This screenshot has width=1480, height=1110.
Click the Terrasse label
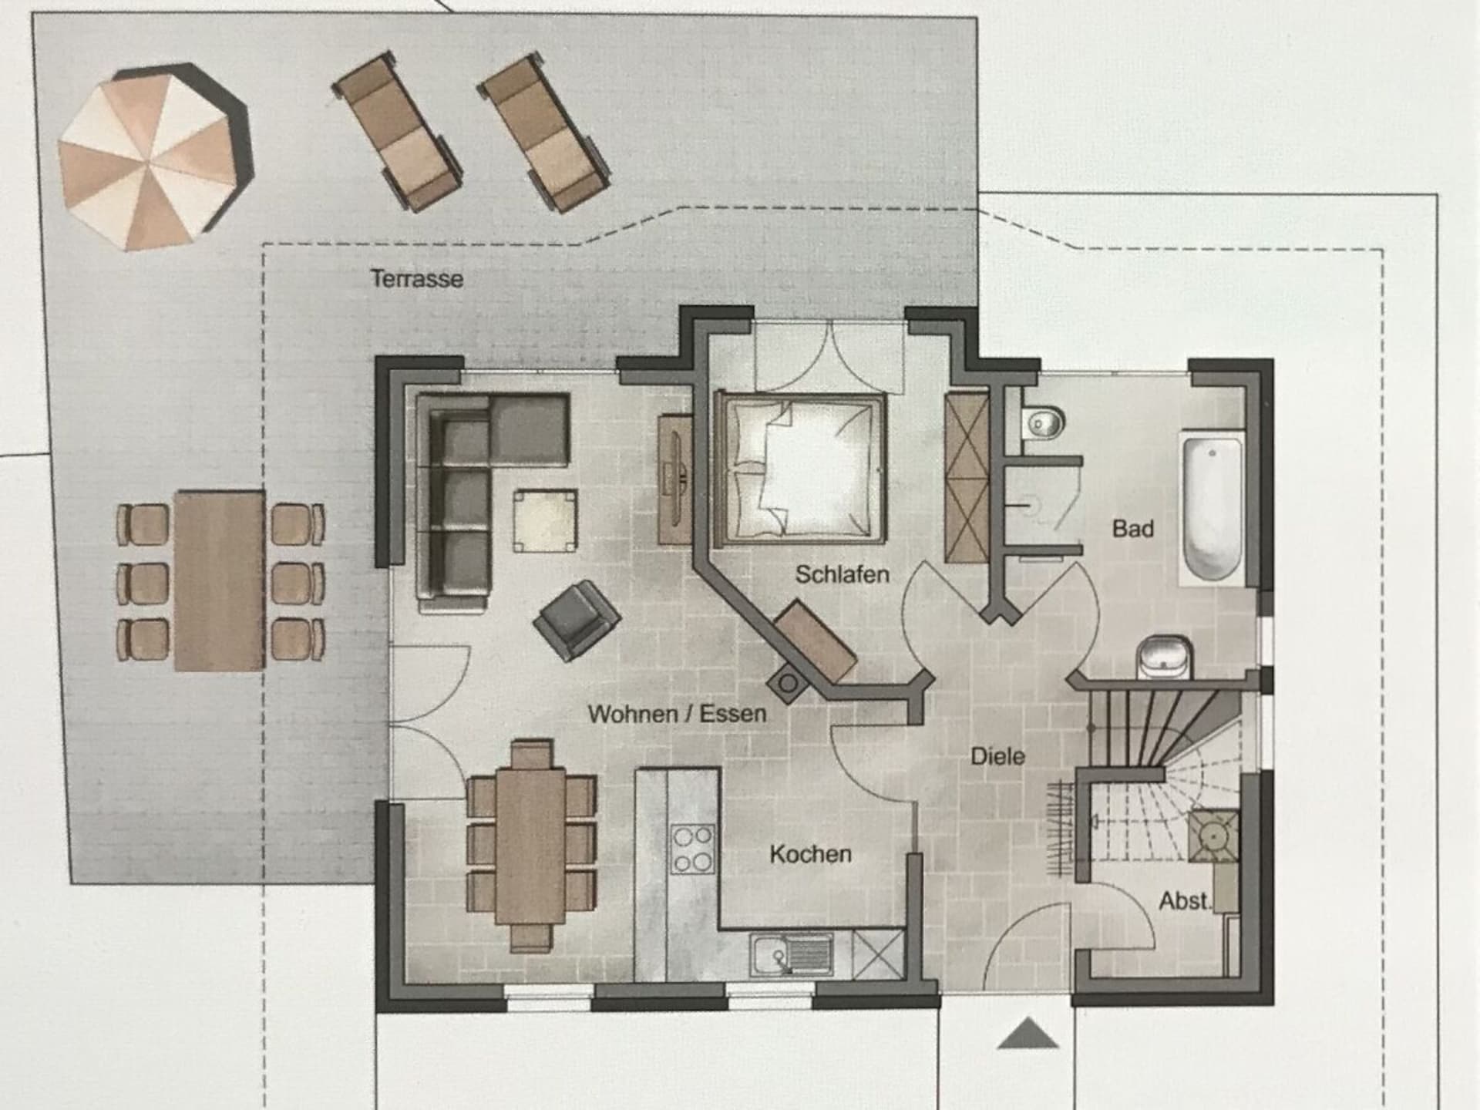click(x=417, y=278)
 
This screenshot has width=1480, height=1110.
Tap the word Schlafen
click(x=842, y=574)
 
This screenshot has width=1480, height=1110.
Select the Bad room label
click(x=1132, y=529)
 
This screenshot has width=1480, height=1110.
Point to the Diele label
click(x=997, y=755)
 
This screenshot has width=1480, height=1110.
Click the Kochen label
click(x=810, y=854)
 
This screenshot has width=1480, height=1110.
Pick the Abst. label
click(x=1186, y=900)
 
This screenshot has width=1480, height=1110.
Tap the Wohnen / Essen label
click(x=677, y=714)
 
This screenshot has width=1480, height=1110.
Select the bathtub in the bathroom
click(x=1213, y=509)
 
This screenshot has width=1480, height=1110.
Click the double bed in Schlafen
click(x=801, y=469)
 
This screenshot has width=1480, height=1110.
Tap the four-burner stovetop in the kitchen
click(x=692, y=849)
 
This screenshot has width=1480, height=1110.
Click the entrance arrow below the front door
click(x=1028, y=1033)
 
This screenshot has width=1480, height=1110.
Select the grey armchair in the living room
click(x=577, y=620)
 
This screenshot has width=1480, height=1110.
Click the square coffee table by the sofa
click(x=546, y=520)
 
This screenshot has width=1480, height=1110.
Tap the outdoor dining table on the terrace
click(x=220, y=580)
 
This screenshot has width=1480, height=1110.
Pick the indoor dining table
click(x=531, y=846)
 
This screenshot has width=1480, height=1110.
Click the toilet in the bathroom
click(x=1044, y=422)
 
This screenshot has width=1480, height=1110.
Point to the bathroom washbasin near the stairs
click(x=1164, y=658)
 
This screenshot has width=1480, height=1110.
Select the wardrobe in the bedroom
click(x=967, y=477)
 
